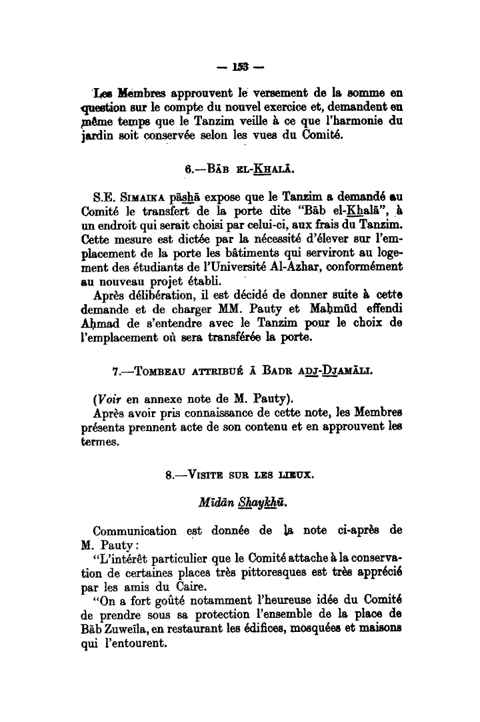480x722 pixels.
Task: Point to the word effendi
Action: point(381,313)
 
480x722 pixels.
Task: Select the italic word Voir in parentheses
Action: point(111,400)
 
